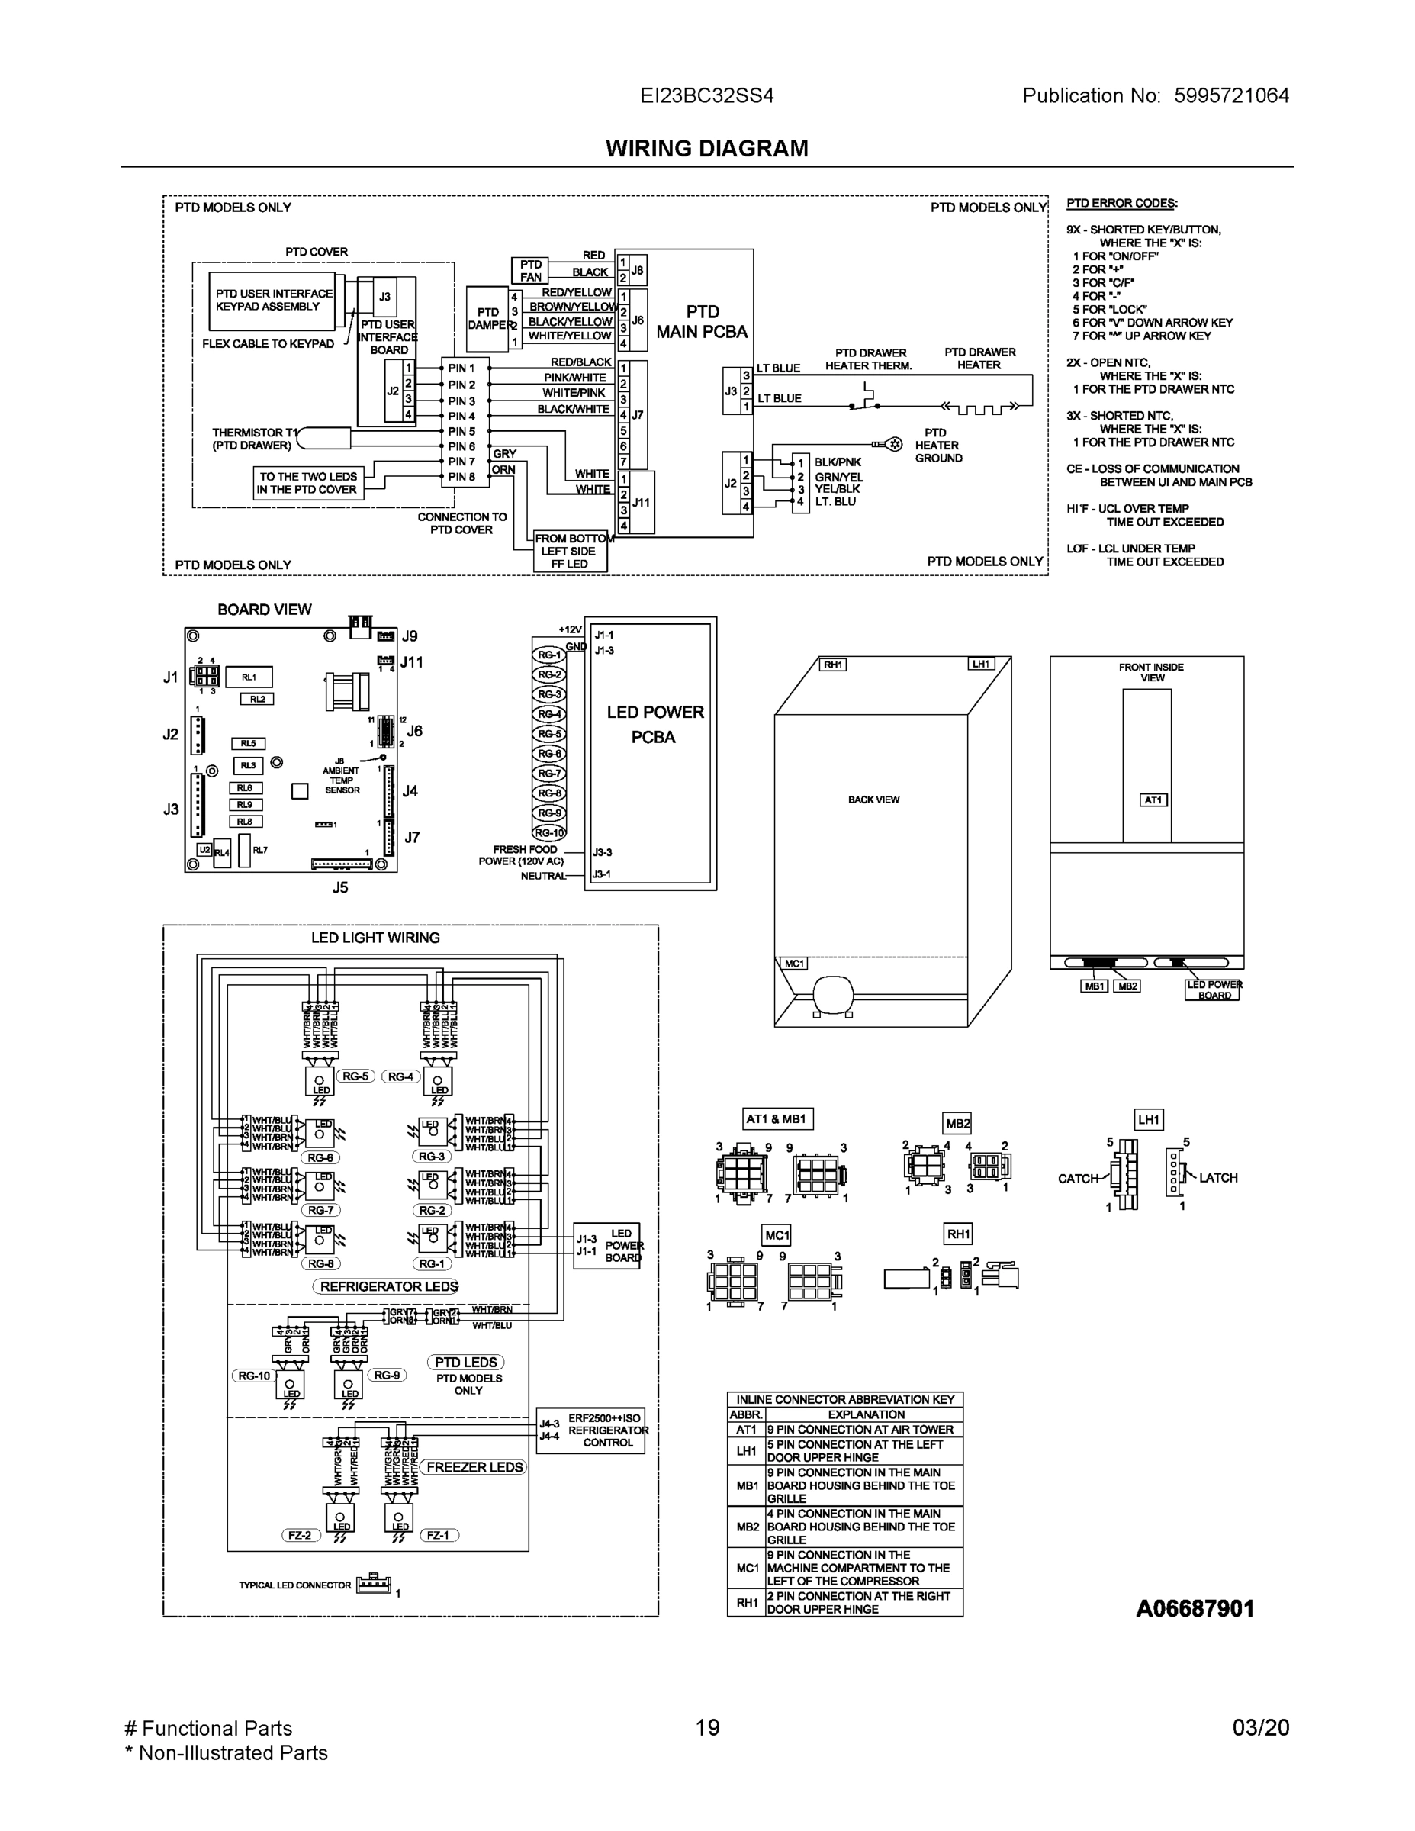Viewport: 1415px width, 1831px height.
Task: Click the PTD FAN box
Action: click(x=530, y=271)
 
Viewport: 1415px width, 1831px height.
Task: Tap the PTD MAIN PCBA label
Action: click(x=702, y=322)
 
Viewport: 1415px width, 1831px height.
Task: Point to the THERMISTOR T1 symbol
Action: click(x=324, y=438)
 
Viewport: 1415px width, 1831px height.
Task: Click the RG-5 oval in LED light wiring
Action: click(x=355, y=1076)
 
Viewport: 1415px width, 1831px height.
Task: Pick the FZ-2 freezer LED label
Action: click(x=299, y=1535)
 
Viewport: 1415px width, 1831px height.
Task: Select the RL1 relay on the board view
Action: click(x=249, y=677)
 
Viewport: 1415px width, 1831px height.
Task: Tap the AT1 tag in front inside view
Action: click(x=1153, y=800)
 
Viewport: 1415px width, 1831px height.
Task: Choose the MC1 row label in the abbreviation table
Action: click(x=747, y=1567)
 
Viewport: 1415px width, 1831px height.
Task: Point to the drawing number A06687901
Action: click(x=1195, y=1609)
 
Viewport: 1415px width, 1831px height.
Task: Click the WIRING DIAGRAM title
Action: click(x=706, y=149)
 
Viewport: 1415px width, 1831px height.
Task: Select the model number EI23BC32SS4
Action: click(x=706, y=95)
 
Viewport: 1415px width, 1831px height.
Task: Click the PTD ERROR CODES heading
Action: click(x=1121, y=203)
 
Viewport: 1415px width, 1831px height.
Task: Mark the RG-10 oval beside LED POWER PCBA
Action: click(x=550, y=832)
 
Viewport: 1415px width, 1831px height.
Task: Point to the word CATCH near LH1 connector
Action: click(x=1078, y=1178)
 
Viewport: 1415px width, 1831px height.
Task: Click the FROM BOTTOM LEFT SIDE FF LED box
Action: click(x=570, y=551)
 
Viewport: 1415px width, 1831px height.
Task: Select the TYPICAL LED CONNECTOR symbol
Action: click(x=374, y=1584)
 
